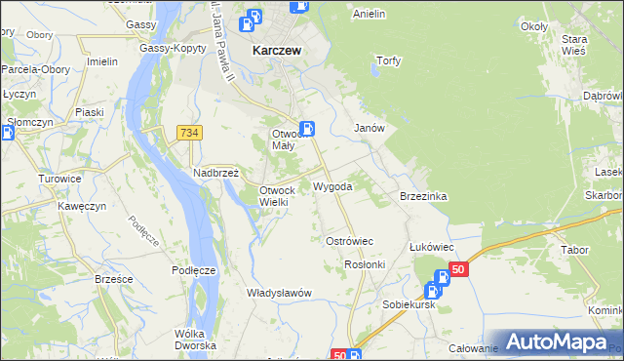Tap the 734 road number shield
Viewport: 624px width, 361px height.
(189, 132)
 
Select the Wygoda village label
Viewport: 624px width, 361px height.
(332, 185)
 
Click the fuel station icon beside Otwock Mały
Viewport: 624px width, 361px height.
(306, 128)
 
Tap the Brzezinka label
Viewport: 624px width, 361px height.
(423, 196)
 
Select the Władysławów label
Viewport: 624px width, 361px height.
(279, 293)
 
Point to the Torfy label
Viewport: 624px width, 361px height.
(389, 60)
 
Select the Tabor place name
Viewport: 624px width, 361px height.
(575, 250)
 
